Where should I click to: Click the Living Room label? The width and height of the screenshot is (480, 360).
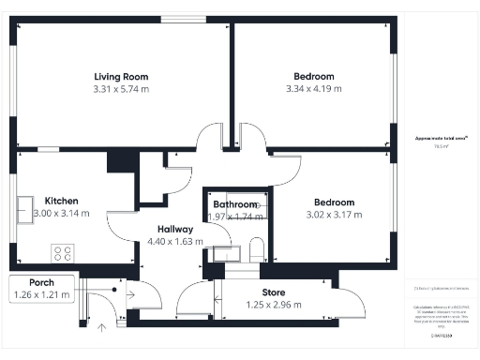tap(121, 77)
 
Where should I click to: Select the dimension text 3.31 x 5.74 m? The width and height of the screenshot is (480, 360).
tap(121, 89)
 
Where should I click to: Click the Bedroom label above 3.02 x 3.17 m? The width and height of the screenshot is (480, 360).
tap(334, 202)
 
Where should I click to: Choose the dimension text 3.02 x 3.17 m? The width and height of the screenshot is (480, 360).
tap(334, 215)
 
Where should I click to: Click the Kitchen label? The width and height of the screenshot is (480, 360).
tap(61, 201)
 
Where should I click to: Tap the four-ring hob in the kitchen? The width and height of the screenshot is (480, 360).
tap(64, 252)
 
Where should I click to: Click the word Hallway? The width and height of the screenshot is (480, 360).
tap(175, 229)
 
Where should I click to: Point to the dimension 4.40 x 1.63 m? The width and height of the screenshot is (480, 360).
tap(175, 241)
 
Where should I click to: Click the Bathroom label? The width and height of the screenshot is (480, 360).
tap(234, 204)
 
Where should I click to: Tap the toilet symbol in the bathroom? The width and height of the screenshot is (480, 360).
tap(256, 249)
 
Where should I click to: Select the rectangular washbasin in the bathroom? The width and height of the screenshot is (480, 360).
tap(225, 251)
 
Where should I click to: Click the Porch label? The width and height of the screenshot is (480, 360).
tap(40, 283)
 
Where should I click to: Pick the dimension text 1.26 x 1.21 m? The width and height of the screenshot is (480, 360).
tap(40, 295)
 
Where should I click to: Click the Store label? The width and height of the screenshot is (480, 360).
tap(273, 292)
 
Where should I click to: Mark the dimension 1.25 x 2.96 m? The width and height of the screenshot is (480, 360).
tap(273, 305)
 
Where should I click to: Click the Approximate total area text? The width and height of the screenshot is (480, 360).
tap(434, 138)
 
